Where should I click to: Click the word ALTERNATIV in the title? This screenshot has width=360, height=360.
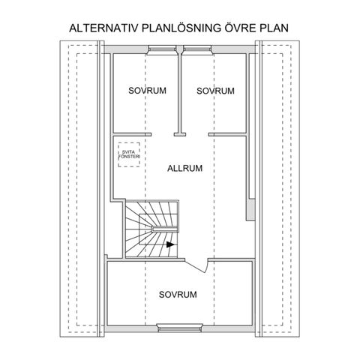click(x=103, y=28)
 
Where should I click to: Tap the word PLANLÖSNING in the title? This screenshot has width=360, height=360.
click(x=181, y=28)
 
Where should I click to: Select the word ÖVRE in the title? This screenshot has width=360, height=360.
click(x=241, y=28)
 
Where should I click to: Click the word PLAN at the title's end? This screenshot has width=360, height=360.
click(x=274, y=28)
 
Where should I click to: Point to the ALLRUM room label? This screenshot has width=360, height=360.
click(x=184, y=168)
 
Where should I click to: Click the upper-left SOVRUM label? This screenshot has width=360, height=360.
click(x=147, y=91)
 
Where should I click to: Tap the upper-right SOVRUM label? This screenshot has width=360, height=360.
click(x=215, y=91)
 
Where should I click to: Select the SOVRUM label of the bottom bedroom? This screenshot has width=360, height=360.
click(x=178, y=294)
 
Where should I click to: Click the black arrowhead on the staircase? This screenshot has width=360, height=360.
click(x=170, y=244)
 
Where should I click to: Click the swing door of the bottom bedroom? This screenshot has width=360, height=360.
click(x=196, y=266)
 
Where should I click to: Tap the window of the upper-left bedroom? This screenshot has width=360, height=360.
click(x=162, y=49)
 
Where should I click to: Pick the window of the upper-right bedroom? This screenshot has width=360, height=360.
click(x=197, y=49)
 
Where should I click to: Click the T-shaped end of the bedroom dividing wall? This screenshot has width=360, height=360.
click(x=180, y=134)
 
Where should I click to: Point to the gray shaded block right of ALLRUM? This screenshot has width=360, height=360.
click(x=250, y=209)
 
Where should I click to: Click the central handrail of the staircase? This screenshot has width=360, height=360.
click(x=165, y=229)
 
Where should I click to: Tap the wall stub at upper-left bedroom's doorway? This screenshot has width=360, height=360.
click(x=148, y=134)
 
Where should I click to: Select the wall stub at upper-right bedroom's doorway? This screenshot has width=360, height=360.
click(x=211, y=134)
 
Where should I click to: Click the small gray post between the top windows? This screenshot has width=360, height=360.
click(x=180, y=49)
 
